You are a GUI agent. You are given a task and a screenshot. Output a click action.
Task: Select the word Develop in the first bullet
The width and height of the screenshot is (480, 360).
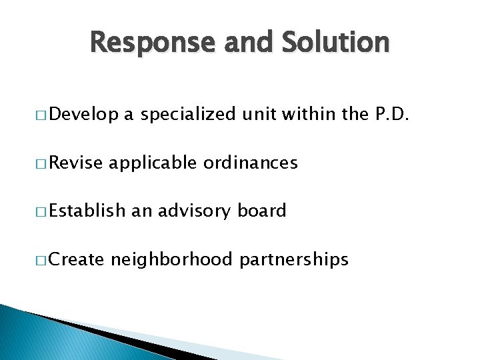[83, 115]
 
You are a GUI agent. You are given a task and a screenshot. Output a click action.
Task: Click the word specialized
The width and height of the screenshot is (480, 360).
[187, 115]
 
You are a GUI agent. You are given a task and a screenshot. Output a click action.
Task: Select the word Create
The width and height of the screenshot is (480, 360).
[77, 259]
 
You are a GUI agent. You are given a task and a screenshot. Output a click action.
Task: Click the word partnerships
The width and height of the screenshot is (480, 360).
[295, 259]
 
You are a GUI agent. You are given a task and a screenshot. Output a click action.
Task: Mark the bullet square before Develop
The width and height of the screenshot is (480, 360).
[39, 116]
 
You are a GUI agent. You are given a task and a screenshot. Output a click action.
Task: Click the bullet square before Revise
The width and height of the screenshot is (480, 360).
[39, 164]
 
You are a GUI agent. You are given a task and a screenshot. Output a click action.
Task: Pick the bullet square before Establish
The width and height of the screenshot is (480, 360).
[39, 212]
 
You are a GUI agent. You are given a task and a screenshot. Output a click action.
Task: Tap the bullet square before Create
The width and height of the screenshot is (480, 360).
[39, 260]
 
